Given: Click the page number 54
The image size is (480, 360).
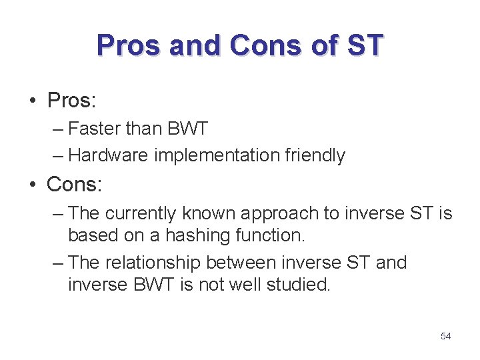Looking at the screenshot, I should coord(446,336).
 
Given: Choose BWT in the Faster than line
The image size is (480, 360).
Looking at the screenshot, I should coord(189,127).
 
